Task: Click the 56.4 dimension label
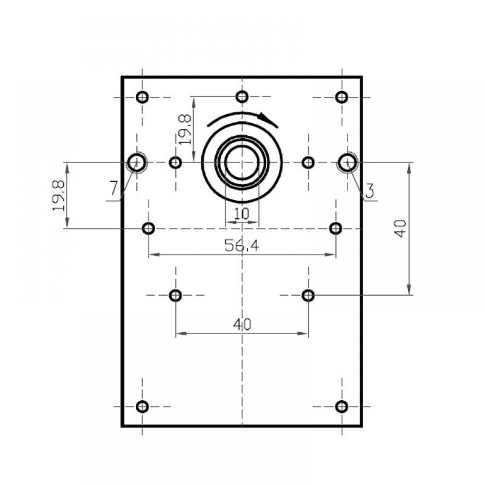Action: coord(242,245)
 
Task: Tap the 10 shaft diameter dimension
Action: coord(242,213)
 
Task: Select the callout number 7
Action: coord(113,188)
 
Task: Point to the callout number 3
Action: coord(370,191)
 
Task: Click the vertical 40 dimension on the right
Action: coord(401,228)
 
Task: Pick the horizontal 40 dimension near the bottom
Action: coord(242,324)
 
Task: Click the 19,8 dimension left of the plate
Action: coord(59,196)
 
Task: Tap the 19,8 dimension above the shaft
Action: coord(185,129)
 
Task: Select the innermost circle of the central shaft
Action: coord(242,146)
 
